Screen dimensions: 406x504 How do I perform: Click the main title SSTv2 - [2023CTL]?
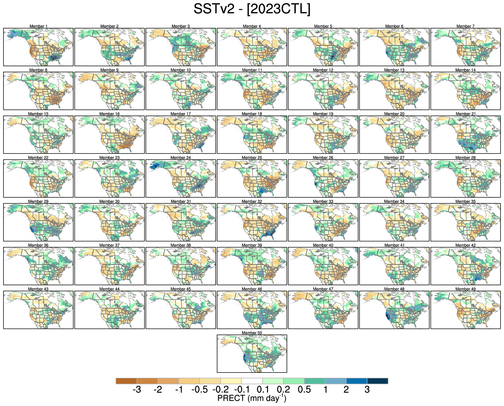(x=252, y=9)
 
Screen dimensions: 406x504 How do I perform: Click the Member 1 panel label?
(x=38, y=26)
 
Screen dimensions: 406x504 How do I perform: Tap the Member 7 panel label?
(x=466, y=26)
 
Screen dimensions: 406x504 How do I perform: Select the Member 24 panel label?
(x=181, y=158)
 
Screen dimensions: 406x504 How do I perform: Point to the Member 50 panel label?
(x=252, y=333)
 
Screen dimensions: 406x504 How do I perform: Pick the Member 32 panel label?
(x=252, y=201)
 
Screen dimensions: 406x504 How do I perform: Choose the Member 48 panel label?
(x=394, y=289)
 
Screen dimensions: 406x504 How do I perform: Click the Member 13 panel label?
(x=394, y=70)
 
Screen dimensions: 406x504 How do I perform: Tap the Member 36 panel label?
(x=38, y=245)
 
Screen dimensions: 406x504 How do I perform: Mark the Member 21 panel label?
(x=466, y=114)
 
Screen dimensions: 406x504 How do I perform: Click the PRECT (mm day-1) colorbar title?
(x=252, y=398)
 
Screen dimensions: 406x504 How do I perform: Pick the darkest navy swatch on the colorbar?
(x=378, y=381)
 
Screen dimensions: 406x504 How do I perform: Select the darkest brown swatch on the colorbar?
(x=126, y=381)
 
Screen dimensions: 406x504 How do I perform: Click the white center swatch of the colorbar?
(x=252, y=381)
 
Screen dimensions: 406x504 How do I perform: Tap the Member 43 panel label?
(x=38, y=289)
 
